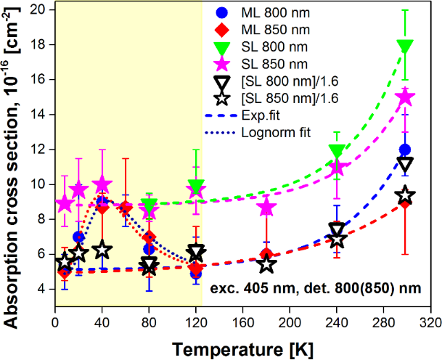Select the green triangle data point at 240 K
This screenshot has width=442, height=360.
click(336, 152)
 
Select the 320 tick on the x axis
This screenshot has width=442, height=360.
click(431, 322)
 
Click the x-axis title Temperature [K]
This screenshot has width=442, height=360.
click(242, 349)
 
